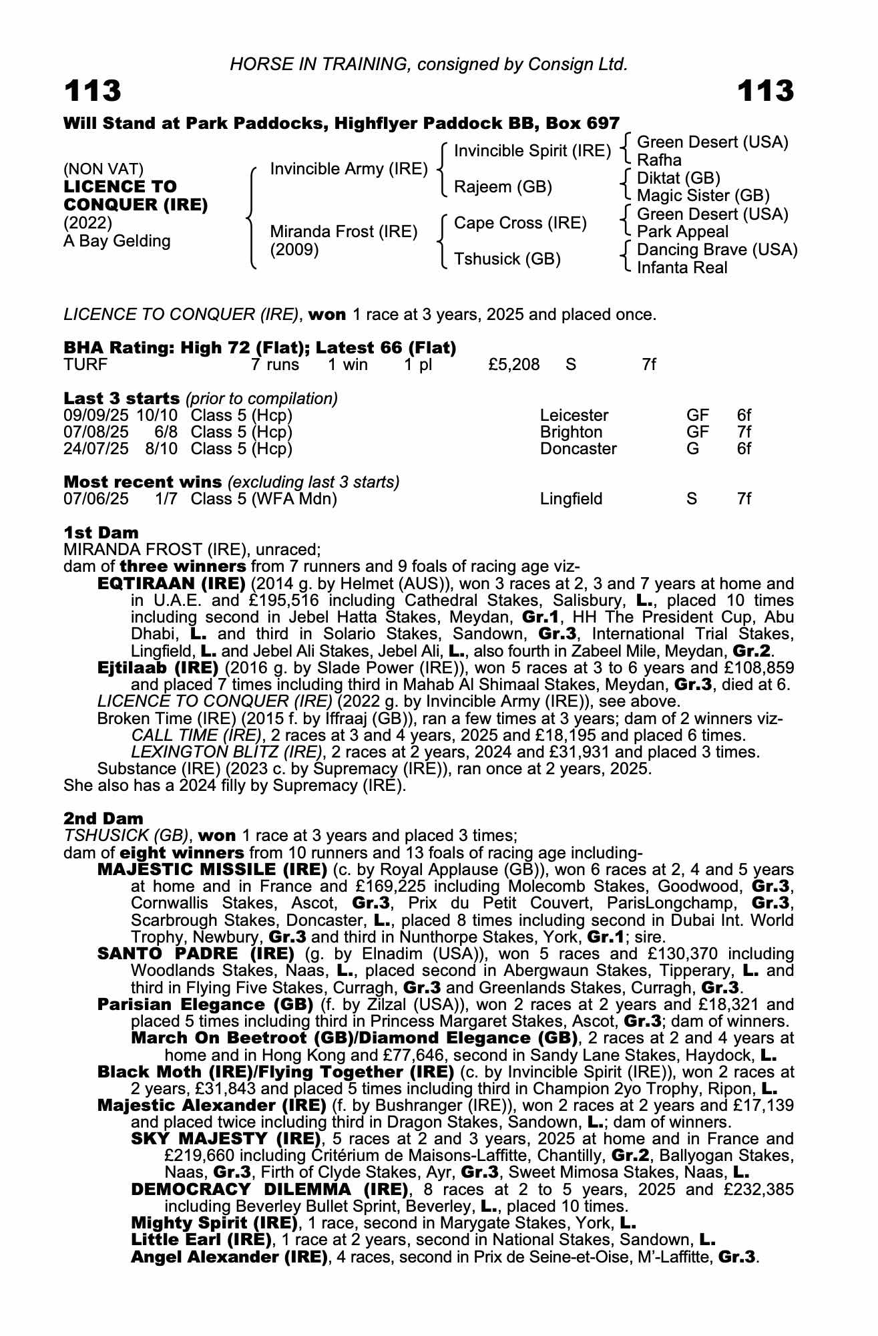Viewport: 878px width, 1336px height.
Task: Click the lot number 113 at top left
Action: coord(93,91)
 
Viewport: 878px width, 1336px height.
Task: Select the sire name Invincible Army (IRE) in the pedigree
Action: coord(349,169)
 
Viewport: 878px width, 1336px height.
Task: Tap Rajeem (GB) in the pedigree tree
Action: coord(503,187)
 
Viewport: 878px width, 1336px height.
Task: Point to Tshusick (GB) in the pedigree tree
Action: coord(507,259)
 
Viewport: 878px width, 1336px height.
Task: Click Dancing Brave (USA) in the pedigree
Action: coord(717,250)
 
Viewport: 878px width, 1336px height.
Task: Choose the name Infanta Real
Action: coord(682,268)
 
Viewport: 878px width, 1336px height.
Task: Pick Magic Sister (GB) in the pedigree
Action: coord(703,196)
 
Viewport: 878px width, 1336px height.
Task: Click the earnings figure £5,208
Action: coord(514,365)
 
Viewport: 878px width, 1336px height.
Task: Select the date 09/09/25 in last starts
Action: coord(96,415)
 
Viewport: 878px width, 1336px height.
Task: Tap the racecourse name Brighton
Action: coord(571,432)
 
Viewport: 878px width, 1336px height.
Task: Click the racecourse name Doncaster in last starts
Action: coord(578,449)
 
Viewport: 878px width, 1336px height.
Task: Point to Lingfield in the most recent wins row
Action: coord(571,499)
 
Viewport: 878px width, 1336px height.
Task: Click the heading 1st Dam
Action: coord(101,532)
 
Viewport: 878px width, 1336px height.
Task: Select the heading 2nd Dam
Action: coord(103,818)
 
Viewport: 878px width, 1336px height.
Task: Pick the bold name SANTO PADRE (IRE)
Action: coord(196,953)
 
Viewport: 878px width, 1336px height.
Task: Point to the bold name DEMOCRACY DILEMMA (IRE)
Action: coord(270,1189)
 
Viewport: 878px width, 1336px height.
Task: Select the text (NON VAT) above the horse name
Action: coord(103,170)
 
